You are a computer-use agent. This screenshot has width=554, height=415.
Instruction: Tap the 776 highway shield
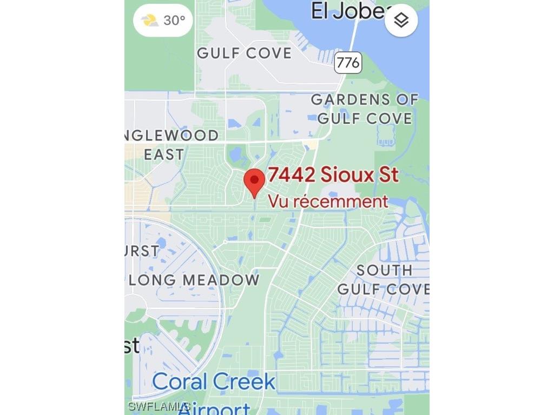347,63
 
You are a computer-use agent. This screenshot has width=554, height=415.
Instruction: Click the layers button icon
401,21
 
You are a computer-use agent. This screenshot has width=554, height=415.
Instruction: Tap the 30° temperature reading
174,21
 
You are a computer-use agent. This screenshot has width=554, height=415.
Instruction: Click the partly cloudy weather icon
150,21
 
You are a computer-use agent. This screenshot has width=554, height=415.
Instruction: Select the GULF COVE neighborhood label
245,53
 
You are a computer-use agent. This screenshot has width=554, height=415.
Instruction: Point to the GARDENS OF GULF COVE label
365,109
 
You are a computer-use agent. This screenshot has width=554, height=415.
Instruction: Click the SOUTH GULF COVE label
384,279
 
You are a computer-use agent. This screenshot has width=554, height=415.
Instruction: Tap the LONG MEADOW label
195,280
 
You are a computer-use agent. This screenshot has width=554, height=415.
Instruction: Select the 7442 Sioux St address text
333,175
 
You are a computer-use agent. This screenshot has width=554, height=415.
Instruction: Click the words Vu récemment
328,202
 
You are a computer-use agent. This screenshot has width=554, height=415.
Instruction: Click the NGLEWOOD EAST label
171,144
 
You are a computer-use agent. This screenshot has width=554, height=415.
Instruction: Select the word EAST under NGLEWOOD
164,155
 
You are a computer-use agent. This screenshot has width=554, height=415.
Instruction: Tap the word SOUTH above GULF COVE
384,270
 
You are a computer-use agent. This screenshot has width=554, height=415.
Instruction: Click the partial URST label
142,251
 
